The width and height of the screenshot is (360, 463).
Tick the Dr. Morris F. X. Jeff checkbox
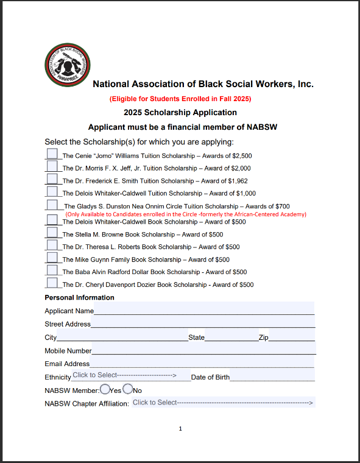click(x=52, y=166)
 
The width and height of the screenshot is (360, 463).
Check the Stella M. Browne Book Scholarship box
click(x=52, y=233)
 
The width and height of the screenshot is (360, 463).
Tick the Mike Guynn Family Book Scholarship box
click(x=52, y=258)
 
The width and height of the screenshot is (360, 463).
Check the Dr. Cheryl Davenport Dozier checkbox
click(x=52, y=283)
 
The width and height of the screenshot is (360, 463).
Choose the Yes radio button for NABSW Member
click(x=105, y=389)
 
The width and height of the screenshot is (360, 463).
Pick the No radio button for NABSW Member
click(x=128, y=389)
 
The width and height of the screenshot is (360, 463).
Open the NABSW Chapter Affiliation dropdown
click(x=222, y=403)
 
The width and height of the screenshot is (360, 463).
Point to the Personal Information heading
click(x=79, y=298)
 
